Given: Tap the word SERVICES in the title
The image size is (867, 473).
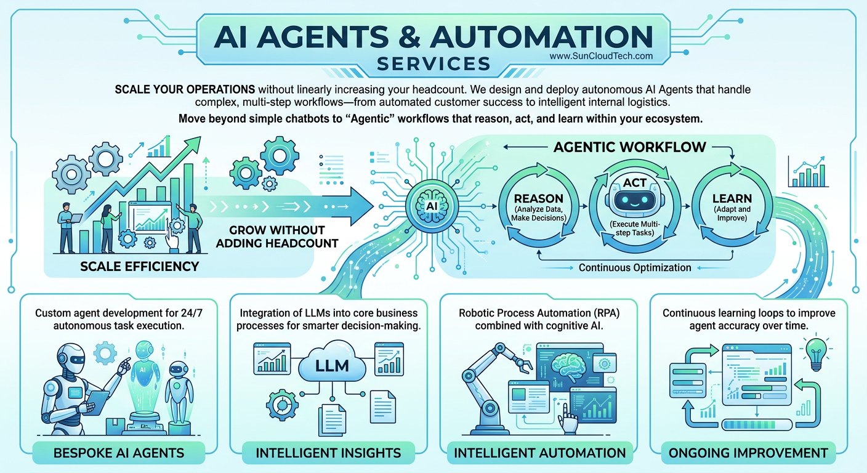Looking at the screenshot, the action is (x=433, y=63).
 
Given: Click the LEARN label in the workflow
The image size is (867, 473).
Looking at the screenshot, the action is (x=731, y=198).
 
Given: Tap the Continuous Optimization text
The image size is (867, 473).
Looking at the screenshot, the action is (x=634, y=267).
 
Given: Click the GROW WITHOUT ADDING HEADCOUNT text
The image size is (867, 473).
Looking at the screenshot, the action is (x=283, y=236).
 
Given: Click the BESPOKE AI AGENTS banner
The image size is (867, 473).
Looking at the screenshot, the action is (x=119, y=453).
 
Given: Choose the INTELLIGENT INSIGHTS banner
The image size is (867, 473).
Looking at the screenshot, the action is (x=328, y=453).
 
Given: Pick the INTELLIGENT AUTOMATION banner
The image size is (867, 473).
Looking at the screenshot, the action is (x=539, y=453).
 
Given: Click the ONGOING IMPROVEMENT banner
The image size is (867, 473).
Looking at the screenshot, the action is (x=748, y=453).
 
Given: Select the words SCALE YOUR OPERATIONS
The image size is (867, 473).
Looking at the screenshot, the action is (x=185, y=89).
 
